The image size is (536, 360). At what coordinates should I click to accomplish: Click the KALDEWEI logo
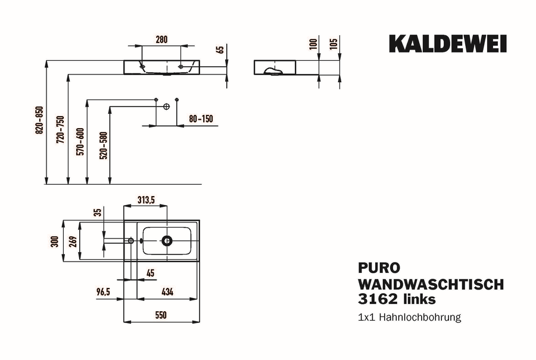pyautogui.click(x=448, y=44)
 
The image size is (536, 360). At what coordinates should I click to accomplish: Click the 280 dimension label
pyautogui.click(x=161, y=40)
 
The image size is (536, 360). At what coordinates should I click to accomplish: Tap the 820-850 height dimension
pyautogui.click(x=40, y=120)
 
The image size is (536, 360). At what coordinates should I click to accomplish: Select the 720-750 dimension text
pyautogui.click(x=60, y=129)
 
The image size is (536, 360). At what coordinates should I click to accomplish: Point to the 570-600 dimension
pyautogui.click(x=80, y=142)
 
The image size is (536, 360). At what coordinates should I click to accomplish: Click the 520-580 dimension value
pyautogui.click(x=103, y=145)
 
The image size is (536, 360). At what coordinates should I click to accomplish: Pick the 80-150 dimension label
pyautogui.click(x=201, y=119)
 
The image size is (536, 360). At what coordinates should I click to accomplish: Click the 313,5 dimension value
pyautogui.click(x=146, y=200)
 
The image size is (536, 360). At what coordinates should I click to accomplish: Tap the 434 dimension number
pyautogui.click(x=167, y=292)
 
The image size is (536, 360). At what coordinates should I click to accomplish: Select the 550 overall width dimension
pyautogui.click(x=161, y=315)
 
